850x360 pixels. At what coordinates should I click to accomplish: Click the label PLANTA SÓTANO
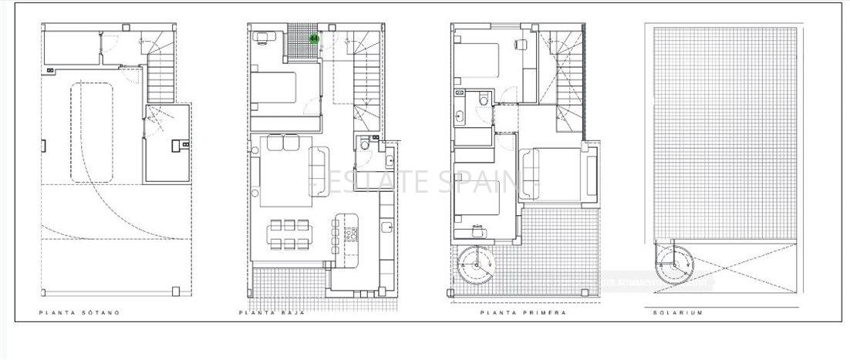(x=79, y=313)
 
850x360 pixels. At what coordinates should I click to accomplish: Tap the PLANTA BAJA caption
(x=272, y=313)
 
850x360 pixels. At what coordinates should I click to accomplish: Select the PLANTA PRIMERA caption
(x=523, y=313)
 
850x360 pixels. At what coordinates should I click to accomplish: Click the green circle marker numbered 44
(x=314, y=37)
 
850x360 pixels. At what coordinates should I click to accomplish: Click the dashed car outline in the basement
(x=92, y=133)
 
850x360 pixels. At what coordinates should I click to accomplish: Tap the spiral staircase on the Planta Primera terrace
(x=476, y=265)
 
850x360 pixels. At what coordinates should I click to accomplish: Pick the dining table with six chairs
(x=290, y=234)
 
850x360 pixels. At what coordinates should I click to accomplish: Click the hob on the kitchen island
(x=353, y=230)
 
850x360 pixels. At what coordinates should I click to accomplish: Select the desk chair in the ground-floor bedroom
(x=261, y=35)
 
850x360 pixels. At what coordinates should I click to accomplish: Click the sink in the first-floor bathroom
(x=460, y=116)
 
